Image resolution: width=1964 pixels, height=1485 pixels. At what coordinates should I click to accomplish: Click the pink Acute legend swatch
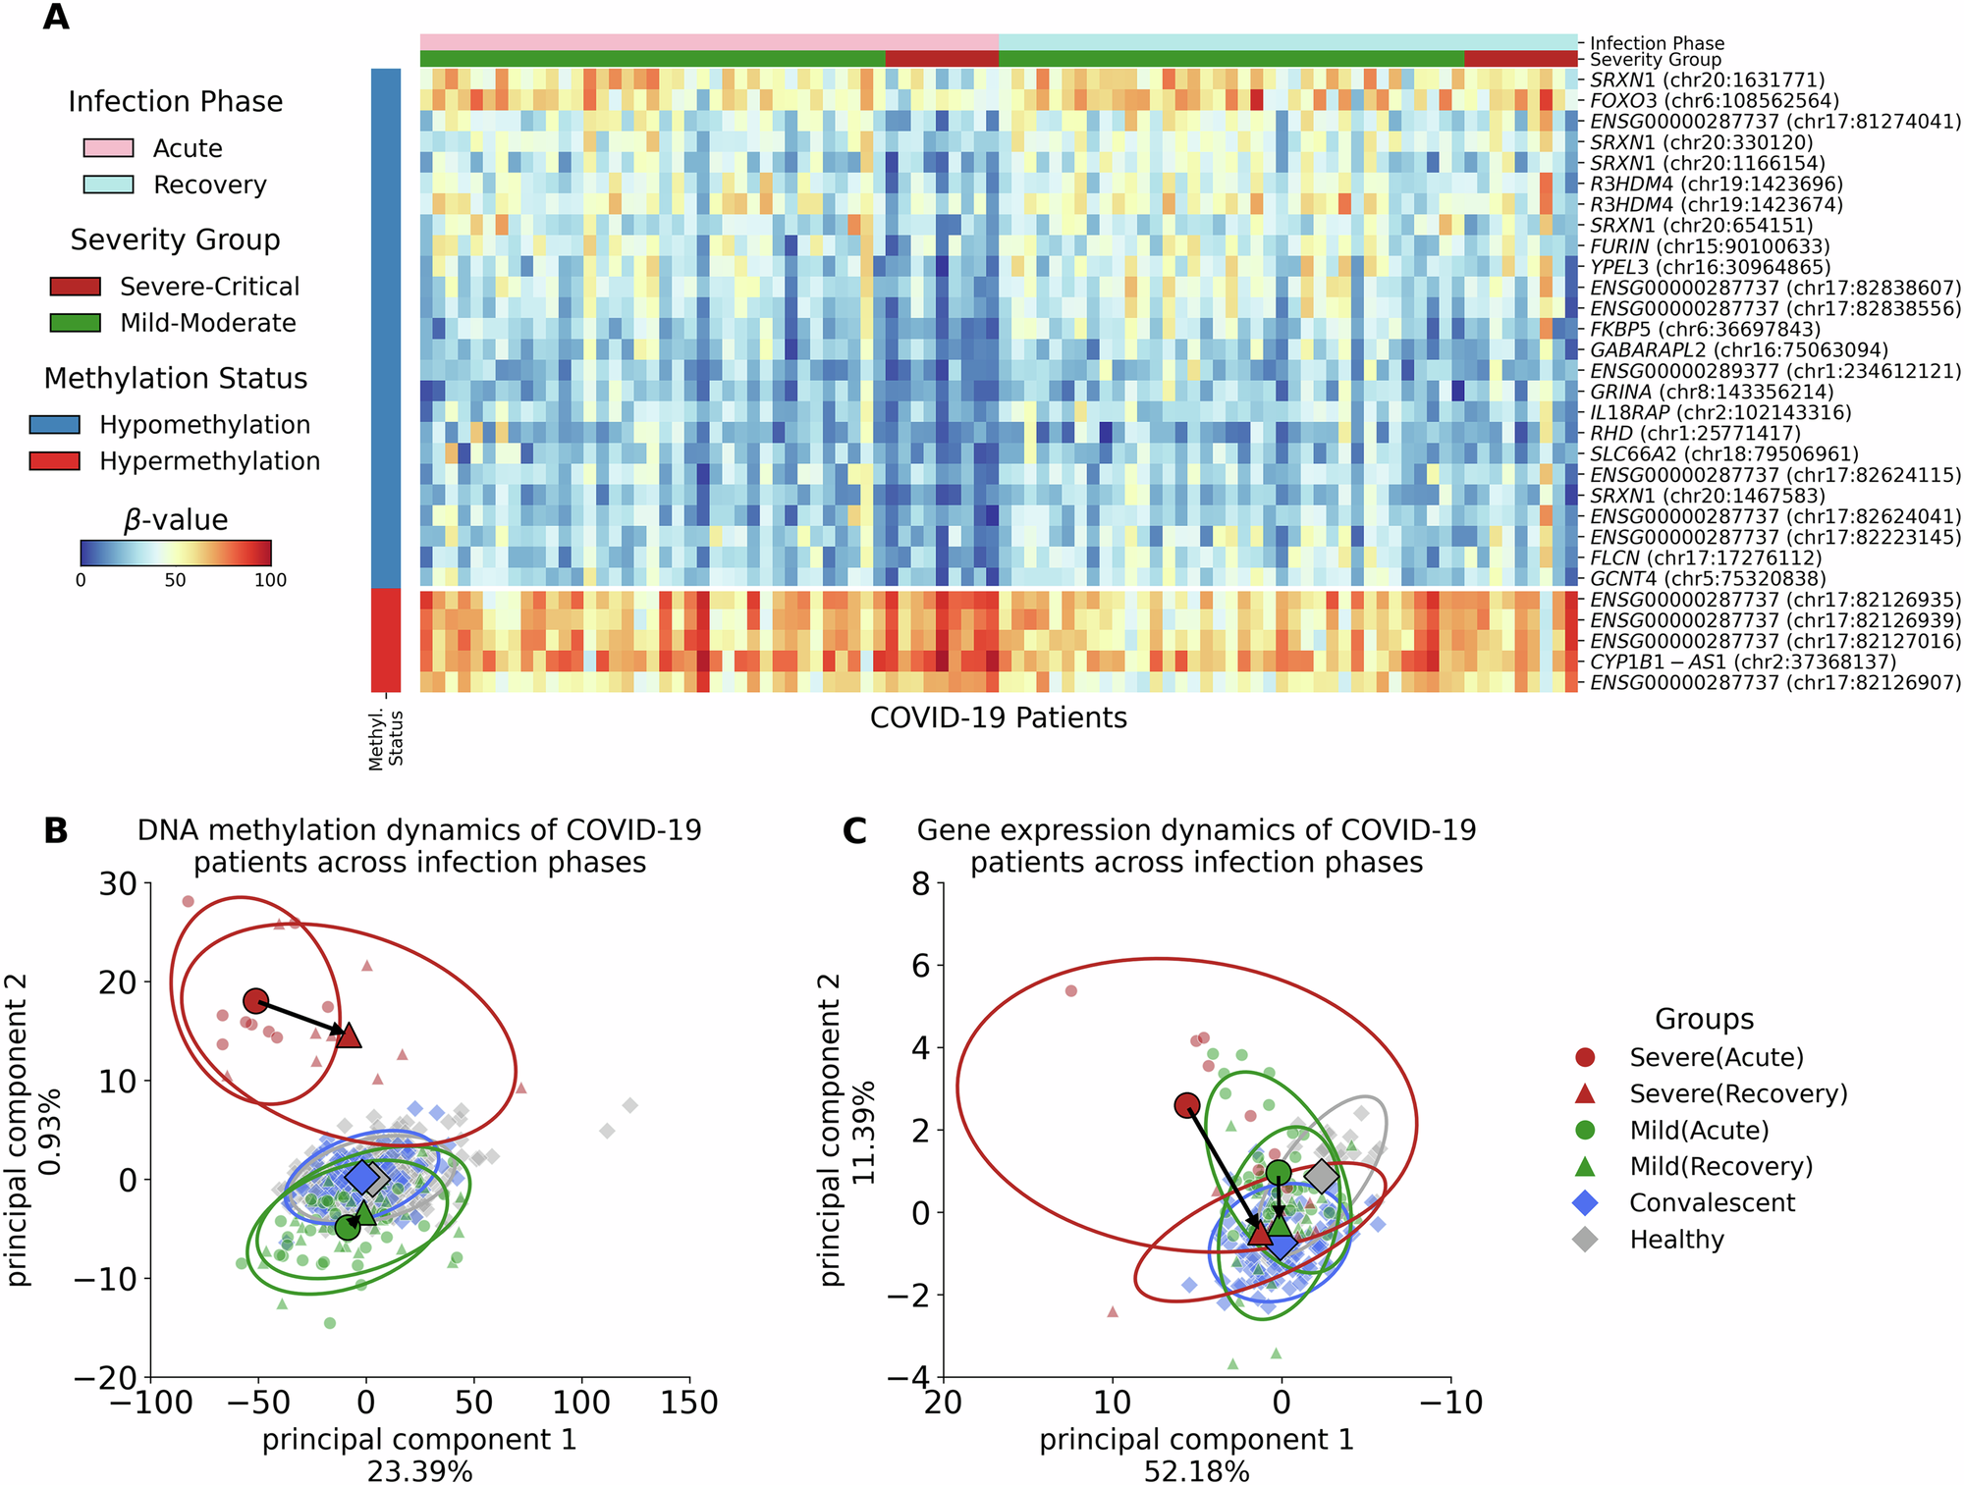click(x=108, y=148)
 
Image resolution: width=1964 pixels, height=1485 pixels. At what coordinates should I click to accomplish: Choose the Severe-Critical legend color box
click(x=76, y=287)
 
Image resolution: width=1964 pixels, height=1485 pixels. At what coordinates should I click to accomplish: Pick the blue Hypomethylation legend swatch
click(x=55, y=425)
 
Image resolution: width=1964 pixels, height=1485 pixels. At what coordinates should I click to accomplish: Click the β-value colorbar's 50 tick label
click(x=175, y=580)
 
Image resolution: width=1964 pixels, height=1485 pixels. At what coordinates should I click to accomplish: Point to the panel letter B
click(x=56, y=831)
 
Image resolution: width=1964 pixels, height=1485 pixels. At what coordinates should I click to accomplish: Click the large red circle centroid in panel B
click(x=255, y=1001)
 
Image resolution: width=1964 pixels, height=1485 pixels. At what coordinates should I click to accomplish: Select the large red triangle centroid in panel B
click(x=349, y=1034)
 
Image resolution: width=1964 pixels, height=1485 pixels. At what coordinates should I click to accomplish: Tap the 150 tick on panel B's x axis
click(x=689, y=1404)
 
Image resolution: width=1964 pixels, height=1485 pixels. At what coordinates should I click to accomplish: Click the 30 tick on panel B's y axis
click(x=118, y=883)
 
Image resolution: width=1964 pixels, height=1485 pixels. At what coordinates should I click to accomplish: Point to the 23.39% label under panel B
click(x=419, y=1471)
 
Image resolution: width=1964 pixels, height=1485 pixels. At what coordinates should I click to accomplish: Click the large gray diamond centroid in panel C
click(x=1322, y=1175)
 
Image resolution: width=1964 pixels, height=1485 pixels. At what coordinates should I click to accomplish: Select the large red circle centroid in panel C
click(x=1187, y=1105)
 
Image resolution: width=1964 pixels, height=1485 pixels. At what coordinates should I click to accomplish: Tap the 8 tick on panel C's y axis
click(x=920, y=883)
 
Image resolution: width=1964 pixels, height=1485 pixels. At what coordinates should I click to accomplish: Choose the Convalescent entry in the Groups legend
click(x=1712, y=1203)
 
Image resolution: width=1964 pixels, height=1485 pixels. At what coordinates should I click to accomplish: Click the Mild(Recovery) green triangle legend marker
click(x=1585, y=1166)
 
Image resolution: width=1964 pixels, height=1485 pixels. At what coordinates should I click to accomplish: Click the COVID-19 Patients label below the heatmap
click(x=998, y=718)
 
